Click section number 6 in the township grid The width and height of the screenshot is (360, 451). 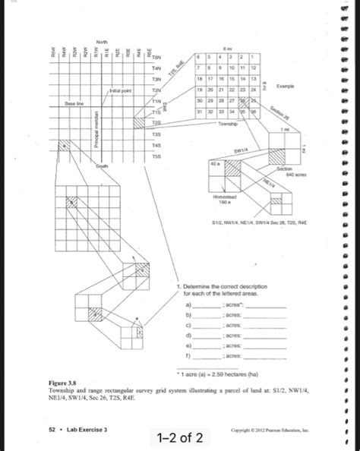(199, 58)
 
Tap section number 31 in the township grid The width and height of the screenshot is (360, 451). (200, 112)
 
